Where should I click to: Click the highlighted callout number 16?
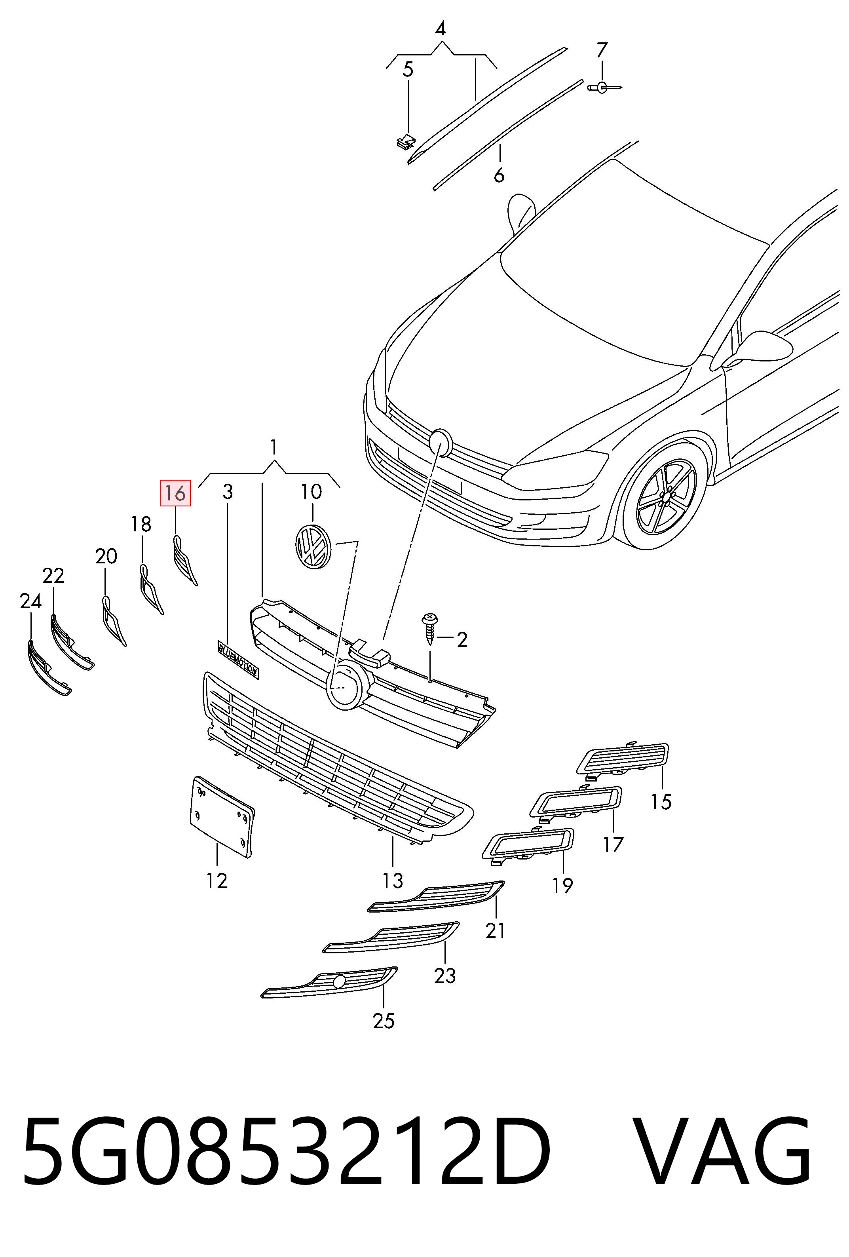tap(175, 493)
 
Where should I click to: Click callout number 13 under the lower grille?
tap(393, 880)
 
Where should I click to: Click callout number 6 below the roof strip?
tap(499, 175)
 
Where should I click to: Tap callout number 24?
tap(30, 601)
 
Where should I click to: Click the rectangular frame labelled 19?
tap(528, 843)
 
